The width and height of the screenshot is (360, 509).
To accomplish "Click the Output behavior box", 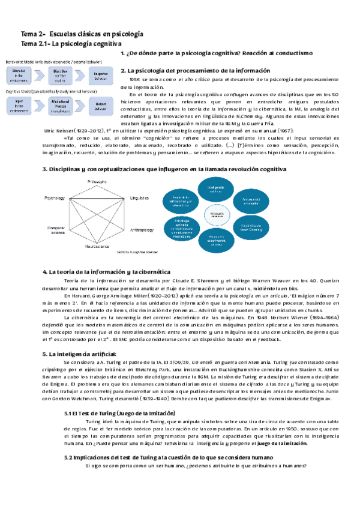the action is tap(101, 105).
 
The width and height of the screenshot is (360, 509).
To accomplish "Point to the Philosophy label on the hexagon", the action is tap(98, 181).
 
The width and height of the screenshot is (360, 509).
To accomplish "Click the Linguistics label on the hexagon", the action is tap(140, 197).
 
